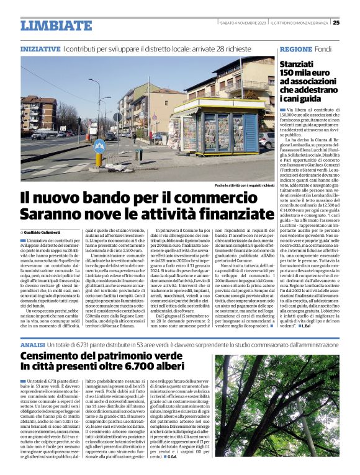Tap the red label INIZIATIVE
tap(40, 48)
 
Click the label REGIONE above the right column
tap(296, 48)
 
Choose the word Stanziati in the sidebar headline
tap(298, 64)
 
